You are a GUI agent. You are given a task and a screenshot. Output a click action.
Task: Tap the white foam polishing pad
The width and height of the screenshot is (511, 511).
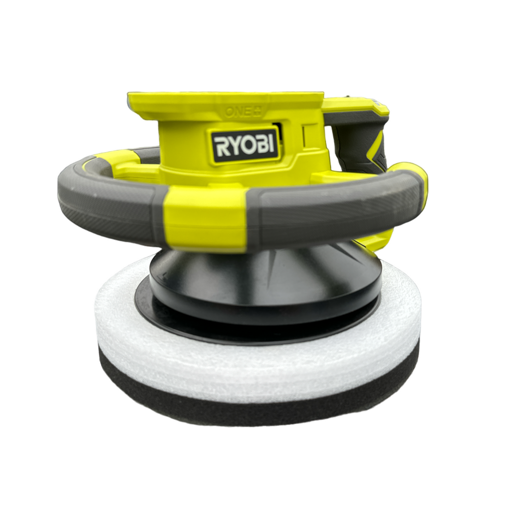(255, 366)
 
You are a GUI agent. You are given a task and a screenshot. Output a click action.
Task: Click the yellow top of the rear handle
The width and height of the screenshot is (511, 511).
(358, 104)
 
